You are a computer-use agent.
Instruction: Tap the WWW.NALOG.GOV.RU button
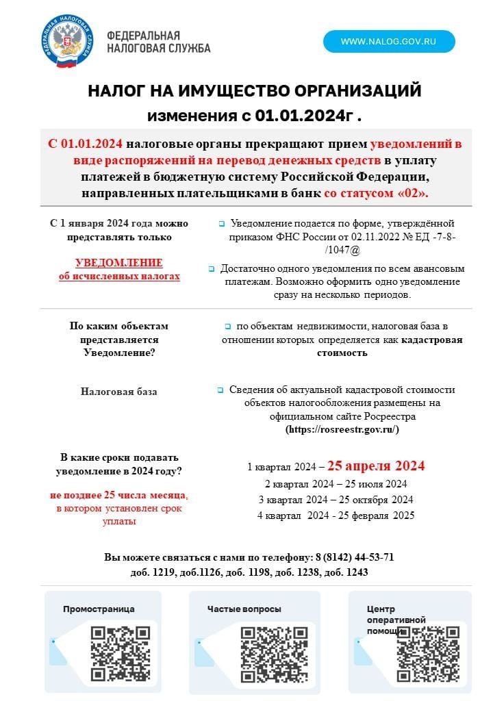coord(388,42)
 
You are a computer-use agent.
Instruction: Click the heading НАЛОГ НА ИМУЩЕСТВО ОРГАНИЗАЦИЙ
coord(254,91)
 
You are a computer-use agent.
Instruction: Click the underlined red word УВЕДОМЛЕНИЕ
coord(119,263)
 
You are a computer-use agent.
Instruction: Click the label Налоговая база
coord(119,392)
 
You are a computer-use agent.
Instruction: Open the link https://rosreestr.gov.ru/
coord(342,429)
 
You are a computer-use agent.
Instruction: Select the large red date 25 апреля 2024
coord(376,466)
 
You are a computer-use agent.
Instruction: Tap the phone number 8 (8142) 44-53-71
coord(355,557)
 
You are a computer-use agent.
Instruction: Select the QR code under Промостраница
coord(121,653)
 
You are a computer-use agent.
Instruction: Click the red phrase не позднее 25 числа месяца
coord(119,495)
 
